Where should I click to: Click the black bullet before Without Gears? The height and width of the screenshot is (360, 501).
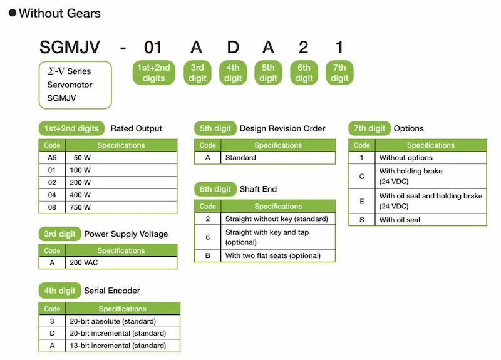coord(13,13)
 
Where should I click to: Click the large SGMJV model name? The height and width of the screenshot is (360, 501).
coord(70,48)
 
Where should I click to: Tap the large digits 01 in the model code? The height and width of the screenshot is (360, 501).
coord(153,48)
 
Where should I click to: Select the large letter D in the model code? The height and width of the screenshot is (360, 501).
coord(233,48)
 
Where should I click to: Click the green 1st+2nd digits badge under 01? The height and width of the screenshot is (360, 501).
coord(153,73)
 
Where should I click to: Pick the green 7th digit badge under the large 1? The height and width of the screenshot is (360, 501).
coord(339,73)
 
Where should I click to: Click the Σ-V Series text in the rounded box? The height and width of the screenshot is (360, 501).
coord(70,71)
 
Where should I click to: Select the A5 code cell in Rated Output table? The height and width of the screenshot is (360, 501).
coord(52,158)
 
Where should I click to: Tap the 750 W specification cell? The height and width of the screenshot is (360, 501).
coord(121,207)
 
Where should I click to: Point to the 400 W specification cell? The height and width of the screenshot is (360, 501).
coord(121,195)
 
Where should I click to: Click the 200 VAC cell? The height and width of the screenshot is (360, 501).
coord(121,262)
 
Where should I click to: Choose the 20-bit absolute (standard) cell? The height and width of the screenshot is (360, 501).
coord(123,321)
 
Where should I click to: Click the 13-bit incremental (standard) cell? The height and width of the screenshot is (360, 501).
coord(123,346)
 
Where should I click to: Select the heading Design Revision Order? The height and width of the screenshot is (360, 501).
coord(282,128)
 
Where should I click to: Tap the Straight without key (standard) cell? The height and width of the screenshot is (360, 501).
coord(278,219)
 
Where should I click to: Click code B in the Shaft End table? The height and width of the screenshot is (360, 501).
coord(208,255)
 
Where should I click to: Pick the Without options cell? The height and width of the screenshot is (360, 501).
coord(431,158)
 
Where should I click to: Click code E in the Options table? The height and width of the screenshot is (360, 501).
coord(362,201)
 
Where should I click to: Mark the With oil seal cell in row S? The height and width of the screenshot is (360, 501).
coord(431,220)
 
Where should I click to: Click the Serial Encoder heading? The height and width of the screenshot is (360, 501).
coord(112,291)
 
